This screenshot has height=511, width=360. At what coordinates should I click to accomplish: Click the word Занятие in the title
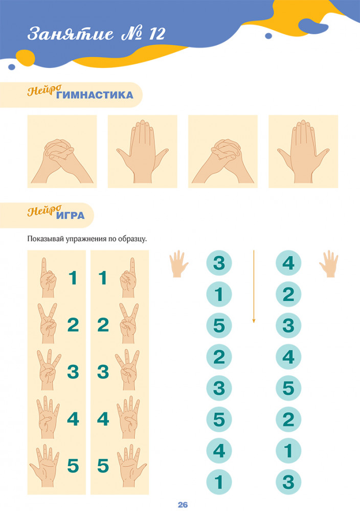[71, 34]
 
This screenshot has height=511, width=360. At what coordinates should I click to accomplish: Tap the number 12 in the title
[157, 34]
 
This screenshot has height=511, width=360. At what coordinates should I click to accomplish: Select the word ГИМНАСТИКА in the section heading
[95, 95]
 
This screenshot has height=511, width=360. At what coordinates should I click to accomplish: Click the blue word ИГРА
[71, 216]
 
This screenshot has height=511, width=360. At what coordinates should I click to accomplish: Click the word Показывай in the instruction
[46, 239]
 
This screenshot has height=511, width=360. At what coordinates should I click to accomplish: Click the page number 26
[183, 504]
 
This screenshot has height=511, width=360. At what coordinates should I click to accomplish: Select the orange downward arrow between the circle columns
[254, 287]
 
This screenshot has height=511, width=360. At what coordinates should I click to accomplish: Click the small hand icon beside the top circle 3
[178, 264]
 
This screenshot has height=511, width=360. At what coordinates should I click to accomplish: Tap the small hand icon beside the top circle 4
[329, 264]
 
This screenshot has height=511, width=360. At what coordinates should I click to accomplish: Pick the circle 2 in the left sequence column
[219, 357]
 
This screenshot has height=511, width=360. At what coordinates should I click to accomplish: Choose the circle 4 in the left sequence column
[219, 451]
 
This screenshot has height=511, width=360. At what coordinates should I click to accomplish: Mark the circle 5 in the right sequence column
[288, 388]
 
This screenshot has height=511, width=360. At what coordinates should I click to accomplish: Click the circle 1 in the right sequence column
[288, 451]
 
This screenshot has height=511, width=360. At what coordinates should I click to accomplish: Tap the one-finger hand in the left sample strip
[48, 277]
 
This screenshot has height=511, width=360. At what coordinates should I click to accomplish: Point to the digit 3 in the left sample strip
[73, 372]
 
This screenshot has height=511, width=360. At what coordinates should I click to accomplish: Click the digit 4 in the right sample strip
[103, 419]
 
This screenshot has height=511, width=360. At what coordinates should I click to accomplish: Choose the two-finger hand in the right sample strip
[129, 323]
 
